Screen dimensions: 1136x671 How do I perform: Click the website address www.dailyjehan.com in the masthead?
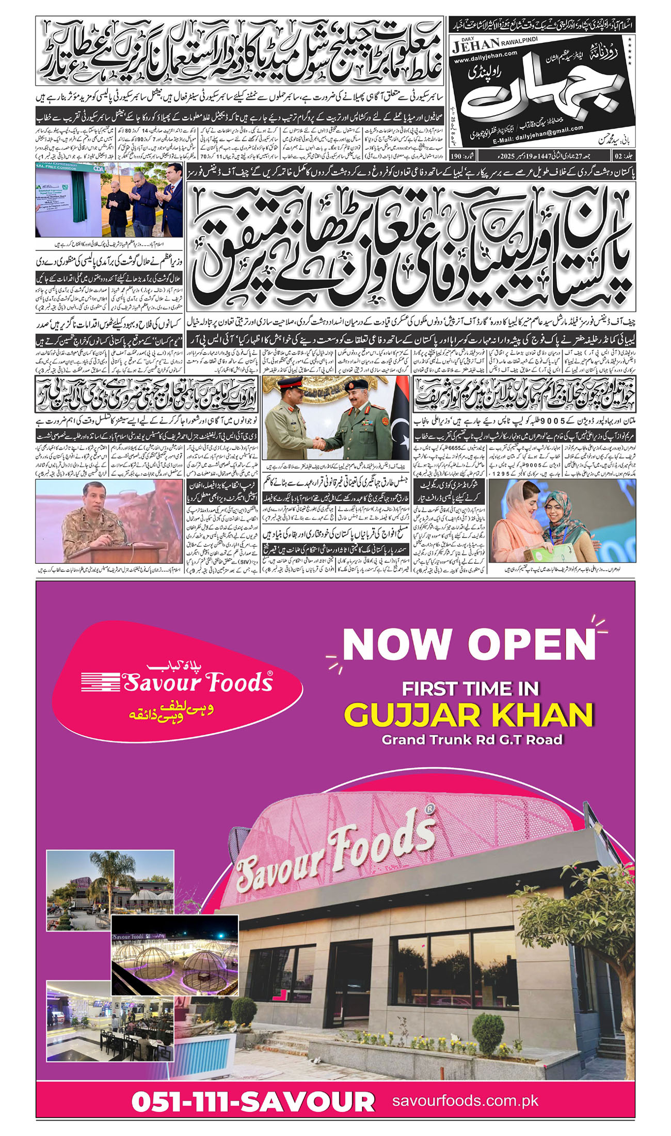pyautogui.click(x=486, y=53)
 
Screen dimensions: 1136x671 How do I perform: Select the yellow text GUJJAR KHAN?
pyautogui.click(x=469, y=715)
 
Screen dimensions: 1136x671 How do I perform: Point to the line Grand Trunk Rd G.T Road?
pyautogui.click(x=472, y=739)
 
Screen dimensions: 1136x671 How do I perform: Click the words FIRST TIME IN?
pyautogui.click(x=470, y=688)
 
